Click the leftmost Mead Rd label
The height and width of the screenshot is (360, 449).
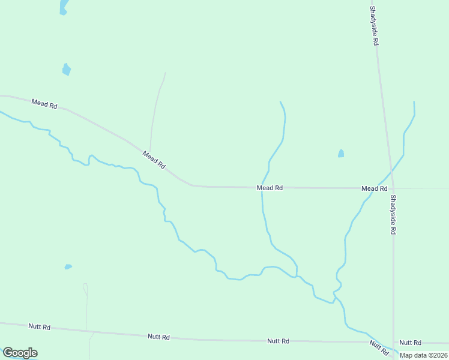coord(44,104)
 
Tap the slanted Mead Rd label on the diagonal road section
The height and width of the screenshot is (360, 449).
coord(154,159)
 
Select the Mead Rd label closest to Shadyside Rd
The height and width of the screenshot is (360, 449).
coord(374,188)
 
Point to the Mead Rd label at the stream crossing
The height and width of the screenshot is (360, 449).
coord(270,188)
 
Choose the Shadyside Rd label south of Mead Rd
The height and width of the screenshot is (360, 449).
coord(393,214)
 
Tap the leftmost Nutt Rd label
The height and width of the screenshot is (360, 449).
coord(40,327)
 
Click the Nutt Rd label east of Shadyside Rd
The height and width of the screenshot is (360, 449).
coord(411,343)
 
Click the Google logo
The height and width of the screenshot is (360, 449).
coord(20,353)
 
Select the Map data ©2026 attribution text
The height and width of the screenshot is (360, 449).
coord(422,355)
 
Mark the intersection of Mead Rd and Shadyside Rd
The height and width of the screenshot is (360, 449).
coord(393,188)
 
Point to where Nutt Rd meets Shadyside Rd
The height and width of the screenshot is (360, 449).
coord(394,343)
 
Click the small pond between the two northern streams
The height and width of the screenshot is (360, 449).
coord(341,154)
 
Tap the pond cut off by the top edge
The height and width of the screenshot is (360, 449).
coord(63,7)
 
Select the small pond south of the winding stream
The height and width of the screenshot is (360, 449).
coord(68,266)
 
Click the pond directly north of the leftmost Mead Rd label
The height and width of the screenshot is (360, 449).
coord(66,70)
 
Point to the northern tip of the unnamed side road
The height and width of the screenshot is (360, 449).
coord(165,73)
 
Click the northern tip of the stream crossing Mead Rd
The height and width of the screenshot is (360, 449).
coord(280,102)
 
